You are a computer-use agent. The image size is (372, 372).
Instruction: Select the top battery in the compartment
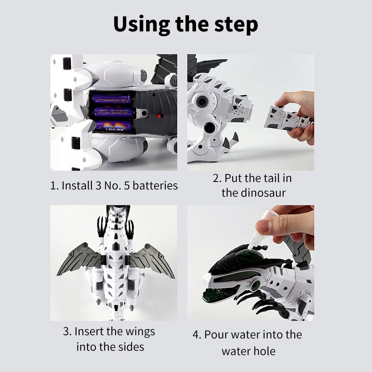pyautogui.click(x=112, y=99)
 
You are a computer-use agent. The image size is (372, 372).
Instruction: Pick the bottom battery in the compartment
pyautogui.click(x=112, y=126)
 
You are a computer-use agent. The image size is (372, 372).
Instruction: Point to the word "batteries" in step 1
pyautogui.click(x=155, y=185)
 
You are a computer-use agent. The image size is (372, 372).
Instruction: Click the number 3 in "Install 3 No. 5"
pyautogui.click(x=98, y=186)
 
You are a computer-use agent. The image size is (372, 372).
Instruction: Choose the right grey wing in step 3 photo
pyautogui.click(x=152, y=260)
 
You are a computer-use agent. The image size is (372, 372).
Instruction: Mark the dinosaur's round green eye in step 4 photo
pyautogui.click(x=256, y=284)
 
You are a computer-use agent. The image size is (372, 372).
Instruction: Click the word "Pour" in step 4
pyautogui.click(x=215, y=334)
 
